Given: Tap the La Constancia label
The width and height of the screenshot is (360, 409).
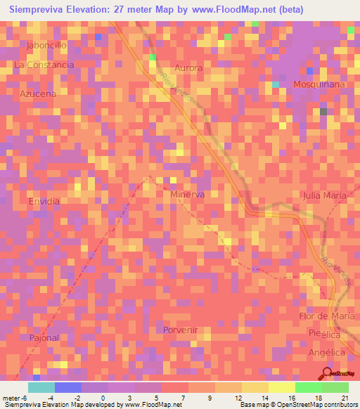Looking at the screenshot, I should [x=44, y=65].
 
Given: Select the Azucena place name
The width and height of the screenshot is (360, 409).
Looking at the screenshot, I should [x=38, y=93].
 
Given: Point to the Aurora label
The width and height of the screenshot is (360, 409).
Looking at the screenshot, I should [x=188, y=68].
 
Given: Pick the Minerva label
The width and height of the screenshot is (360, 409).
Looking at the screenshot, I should [x=188, y=195].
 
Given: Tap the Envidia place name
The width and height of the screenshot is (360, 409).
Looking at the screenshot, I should [x=44, y=201].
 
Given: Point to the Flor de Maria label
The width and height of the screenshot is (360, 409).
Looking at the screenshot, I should [x=324, y=316].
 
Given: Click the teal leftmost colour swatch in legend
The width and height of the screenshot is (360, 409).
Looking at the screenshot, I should [x=41, y=387].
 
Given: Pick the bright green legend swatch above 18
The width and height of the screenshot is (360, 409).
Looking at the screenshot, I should [x=308, y=387].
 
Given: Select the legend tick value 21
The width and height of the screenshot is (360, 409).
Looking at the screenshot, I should [x=345, y=398].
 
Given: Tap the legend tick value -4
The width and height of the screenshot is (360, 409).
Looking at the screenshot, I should [x=50, y=398].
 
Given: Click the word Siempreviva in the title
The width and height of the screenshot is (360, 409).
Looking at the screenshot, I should [x=39, y=10].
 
